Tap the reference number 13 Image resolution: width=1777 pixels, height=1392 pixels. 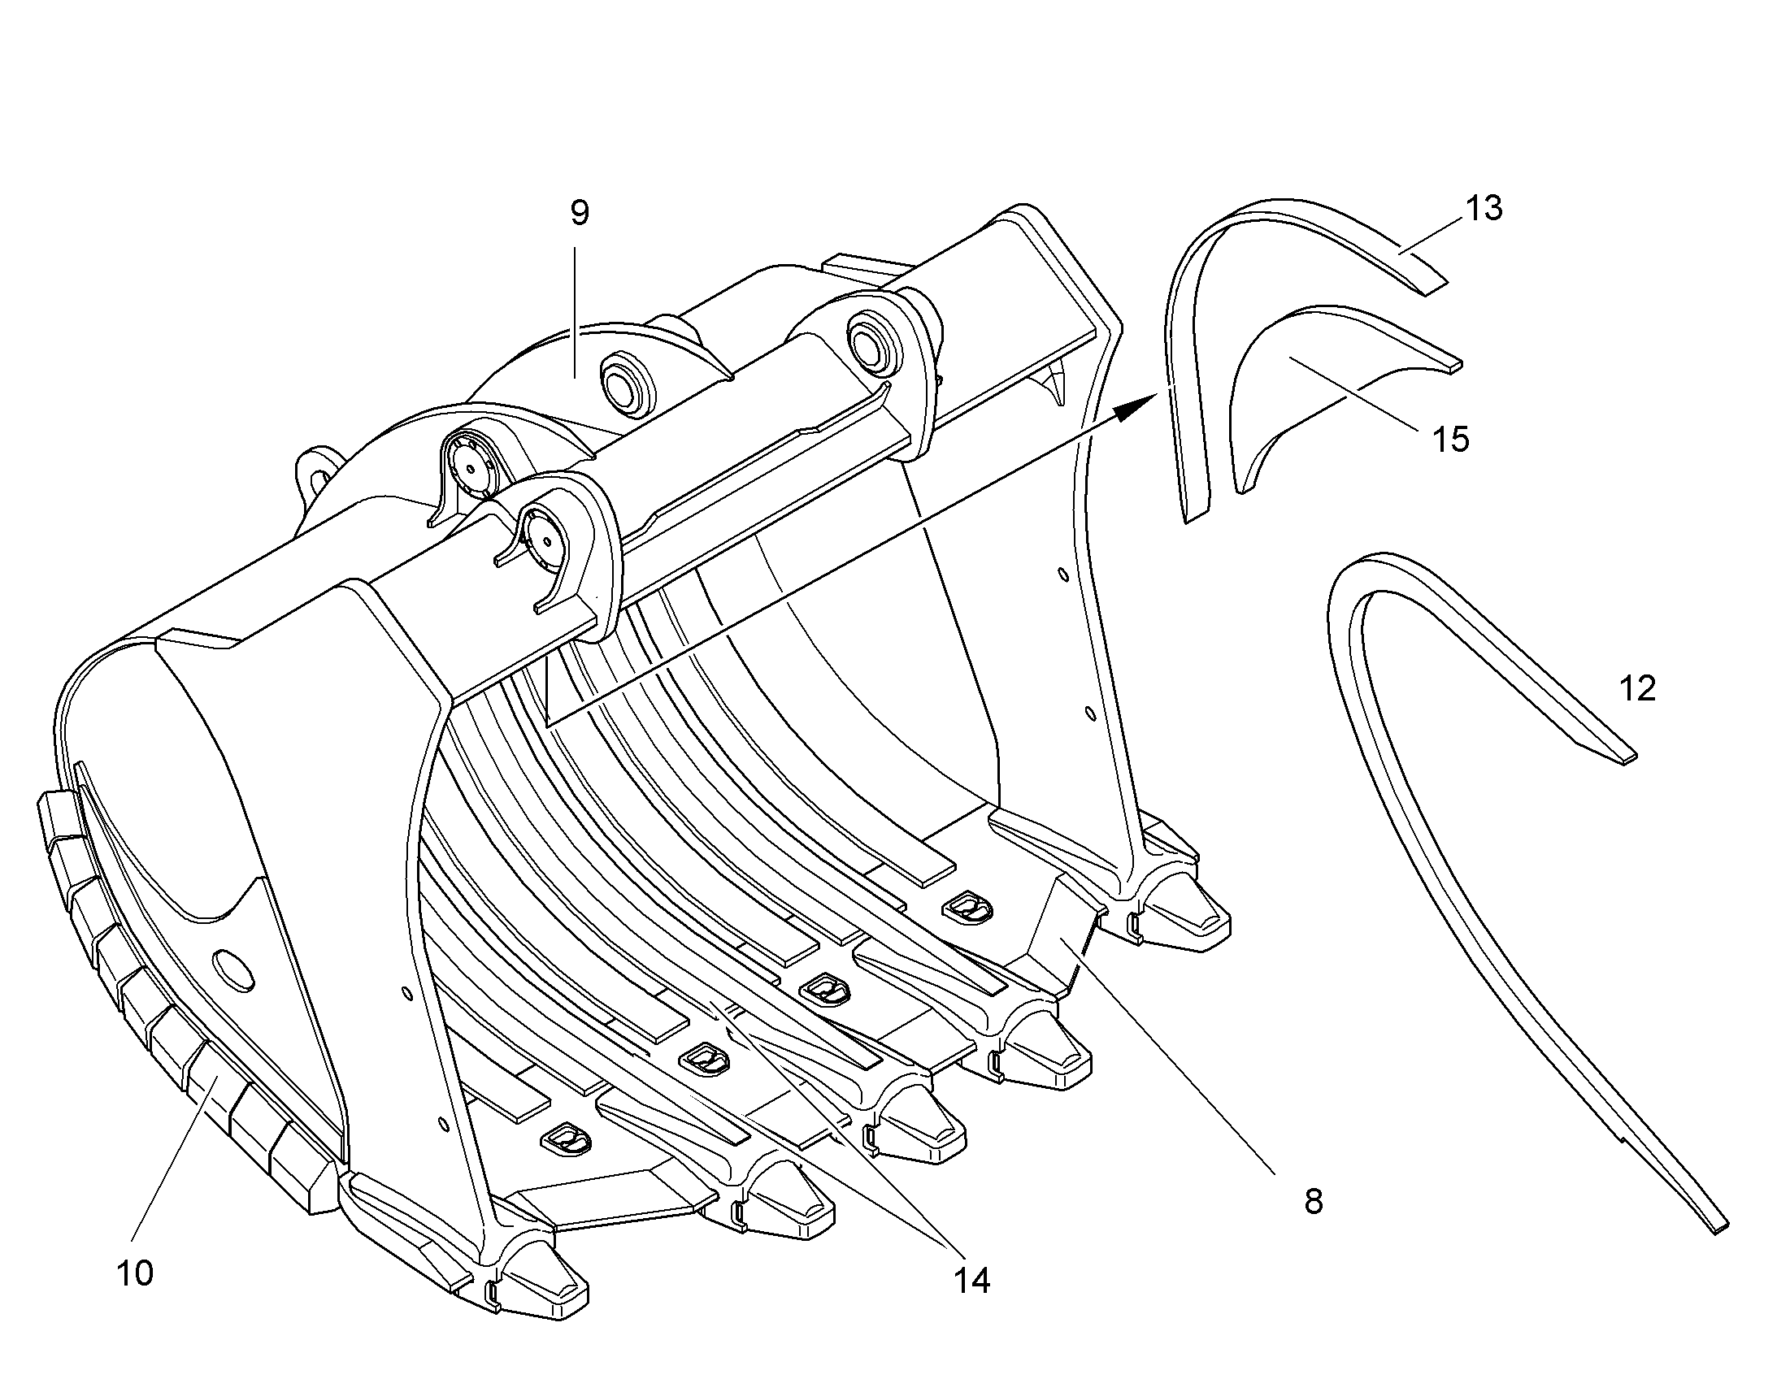tap(1484, 209)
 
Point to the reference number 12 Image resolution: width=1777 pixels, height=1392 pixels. tap(1638, 689)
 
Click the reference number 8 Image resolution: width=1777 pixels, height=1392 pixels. tap(1313, 1202)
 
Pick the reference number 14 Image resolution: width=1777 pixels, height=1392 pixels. tap(971, 1281)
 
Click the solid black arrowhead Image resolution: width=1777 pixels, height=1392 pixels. tap(1137, 406)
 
